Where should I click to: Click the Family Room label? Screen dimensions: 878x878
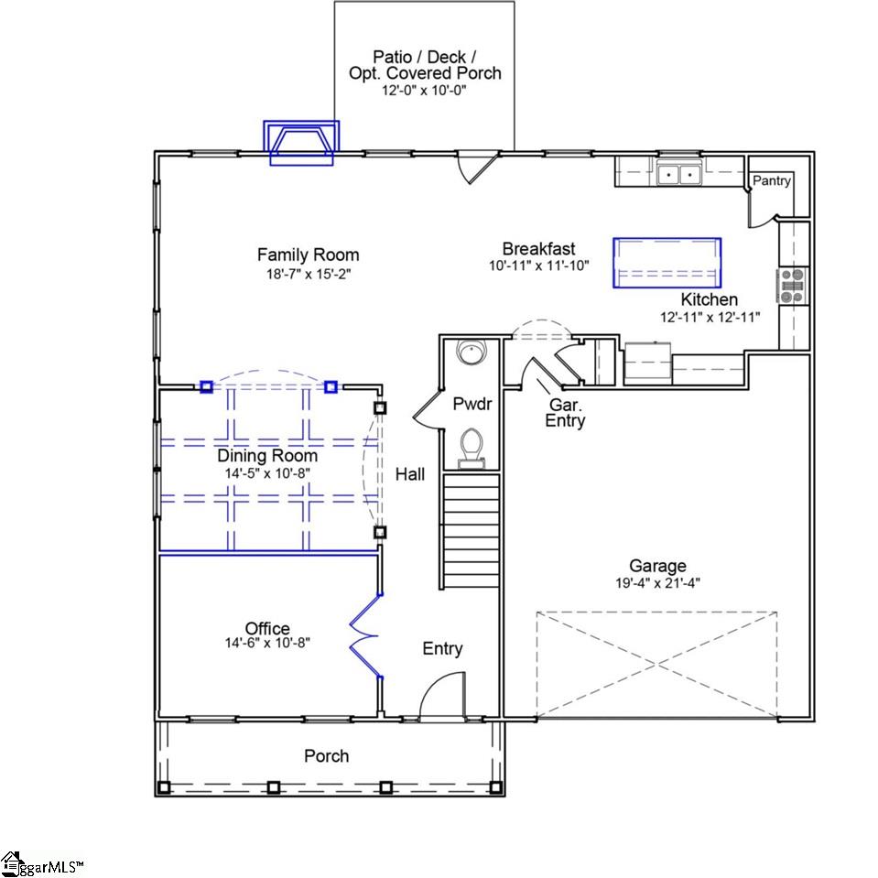point(308,255)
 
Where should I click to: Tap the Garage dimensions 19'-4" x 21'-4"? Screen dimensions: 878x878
point(657,582)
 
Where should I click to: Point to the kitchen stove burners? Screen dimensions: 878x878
point(792,285)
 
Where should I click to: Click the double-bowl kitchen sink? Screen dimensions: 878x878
point(679,173)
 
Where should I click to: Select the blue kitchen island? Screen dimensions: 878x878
point(667,263)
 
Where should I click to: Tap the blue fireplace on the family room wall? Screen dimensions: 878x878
point(301,143)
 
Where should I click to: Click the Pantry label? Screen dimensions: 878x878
point(771,181)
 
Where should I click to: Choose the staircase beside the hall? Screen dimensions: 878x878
point(472,531)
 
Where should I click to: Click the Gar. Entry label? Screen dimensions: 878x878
point(565,413)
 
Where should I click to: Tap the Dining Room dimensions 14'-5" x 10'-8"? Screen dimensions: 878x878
point(267,472)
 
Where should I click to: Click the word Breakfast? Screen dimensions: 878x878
point(538,248)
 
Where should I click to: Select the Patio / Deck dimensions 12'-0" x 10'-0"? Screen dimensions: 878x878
point(424,91)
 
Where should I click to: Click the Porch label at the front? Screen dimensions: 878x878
point(326,755)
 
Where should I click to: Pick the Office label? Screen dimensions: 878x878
point(267,628)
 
